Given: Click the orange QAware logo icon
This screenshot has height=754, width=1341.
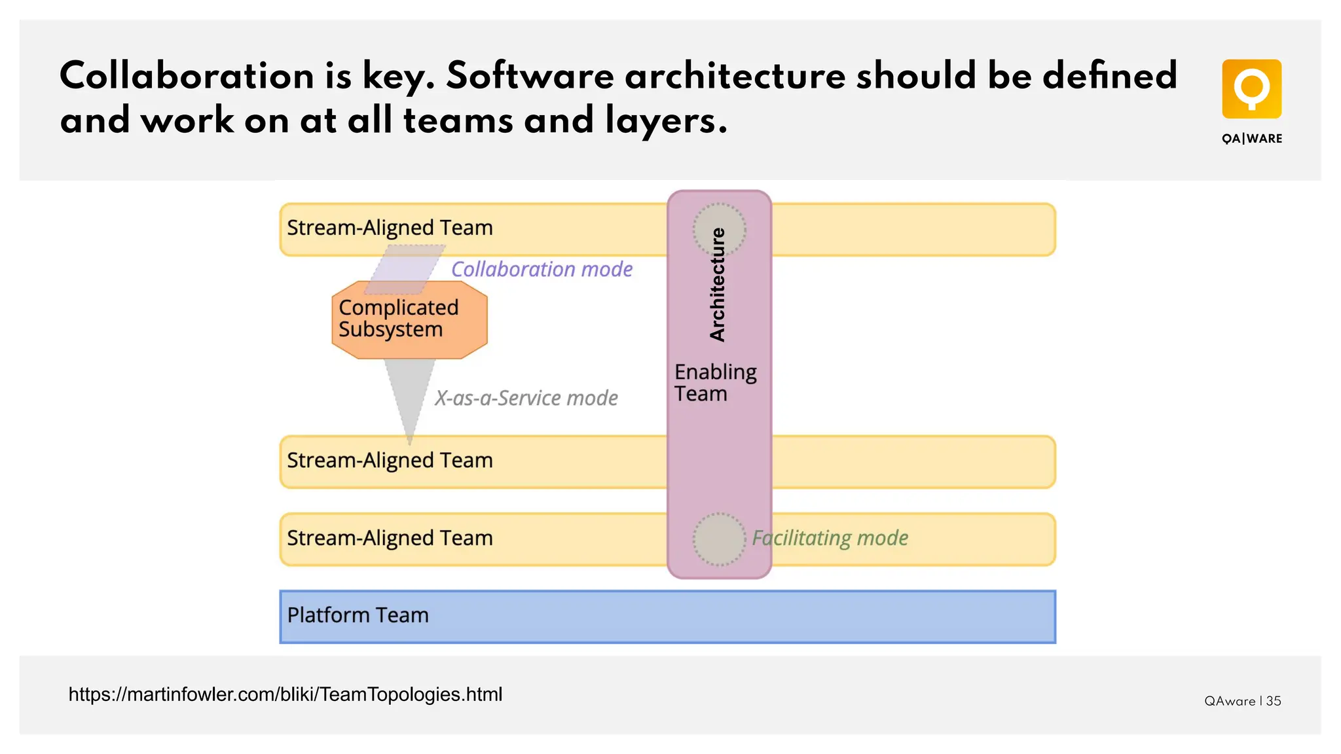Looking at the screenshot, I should tap(1251, 89).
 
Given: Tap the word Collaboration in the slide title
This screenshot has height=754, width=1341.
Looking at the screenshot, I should tap(187, 76).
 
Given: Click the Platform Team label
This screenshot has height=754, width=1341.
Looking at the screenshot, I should tap(358, 615).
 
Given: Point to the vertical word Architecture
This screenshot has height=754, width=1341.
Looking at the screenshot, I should tap(718, 285).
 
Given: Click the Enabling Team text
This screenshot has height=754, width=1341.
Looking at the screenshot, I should tap(715, 383).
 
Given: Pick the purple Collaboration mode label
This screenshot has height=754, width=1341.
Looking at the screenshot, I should tap(542, 269).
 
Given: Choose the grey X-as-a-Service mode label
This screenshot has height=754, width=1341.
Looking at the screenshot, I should tap(526, 398).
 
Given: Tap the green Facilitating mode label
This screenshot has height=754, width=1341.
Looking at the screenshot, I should tap(830, 538).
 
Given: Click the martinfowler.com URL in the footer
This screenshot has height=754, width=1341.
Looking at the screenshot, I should tap(285, 694).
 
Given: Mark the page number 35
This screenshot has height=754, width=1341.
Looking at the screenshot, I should tap(1274, 701).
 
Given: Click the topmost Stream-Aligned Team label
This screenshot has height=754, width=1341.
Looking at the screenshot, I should tap(390, 228).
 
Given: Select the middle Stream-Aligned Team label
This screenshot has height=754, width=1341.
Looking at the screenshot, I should tap(390, 460).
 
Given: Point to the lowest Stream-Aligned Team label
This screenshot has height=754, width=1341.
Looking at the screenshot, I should tap(390, 538).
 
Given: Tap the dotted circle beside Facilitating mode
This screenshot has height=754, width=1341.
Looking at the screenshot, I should tap(719, 539).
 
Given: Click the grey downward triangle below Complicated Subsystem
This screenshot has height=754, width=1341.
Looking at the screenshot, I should tap(409, 393).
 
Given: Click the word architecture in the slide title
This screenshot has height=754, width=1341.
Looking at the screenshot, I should tap(735, 76).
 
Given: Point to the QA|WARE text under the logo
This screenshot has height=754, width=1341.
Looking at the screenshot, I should tap(1252, 139).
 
